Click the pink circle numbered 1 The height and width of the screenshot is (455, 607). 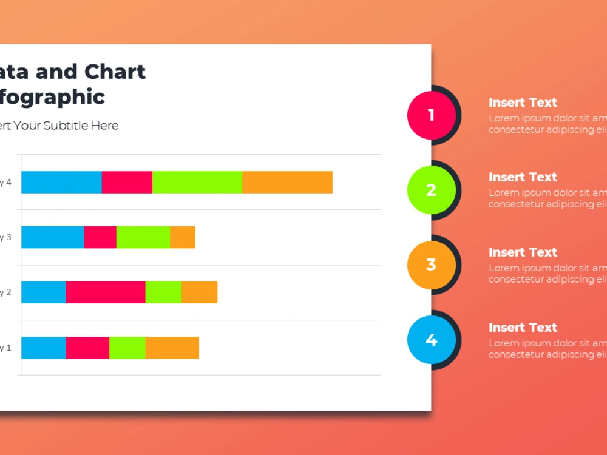(431, 115)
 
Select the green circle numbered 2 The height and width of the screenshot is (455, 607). (431, 190)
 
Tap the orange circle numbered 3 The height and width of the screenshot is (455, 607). (431, 265)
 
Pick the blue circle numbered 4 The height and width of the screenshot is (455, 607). (431, 340)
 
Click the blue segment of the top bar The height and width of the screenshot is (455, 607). (61, 182)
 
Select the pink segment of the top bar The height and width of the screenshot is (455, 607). (127, 182)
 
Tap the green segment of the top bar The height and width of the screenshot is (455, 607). (197, 182)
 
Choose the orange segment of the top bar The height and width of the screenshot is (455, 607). (287, 182)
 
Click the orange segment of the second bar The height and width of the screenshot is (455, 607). (183, 237)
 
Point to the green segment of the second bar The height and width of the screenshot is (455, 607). (143, 237)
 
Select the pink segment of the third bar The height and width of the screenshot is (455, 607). (105, 292)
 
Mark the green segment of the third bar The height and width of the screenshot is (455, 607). (163, 292)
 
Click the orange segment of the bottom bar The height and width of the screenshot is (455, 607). (172, 348)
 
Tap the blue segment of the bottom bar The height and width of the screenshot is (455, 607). (43, 348)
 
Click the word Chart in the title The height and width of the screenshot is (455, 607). (115, 72)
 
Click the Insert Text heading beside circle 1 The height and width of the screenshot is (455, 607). (523, 103)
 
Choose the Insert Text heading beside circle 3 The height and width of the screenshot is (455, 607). (523, 252)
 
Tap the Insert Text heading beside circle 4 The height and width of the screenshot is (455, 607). (523, 328)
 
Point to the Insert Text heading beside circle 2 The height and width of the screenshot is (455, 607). (523, 177)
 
